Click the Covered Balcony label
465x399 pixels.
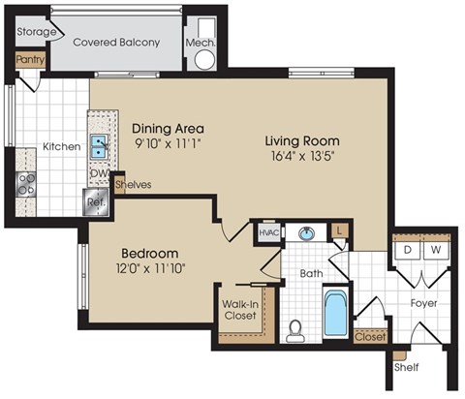(x=117, y=43)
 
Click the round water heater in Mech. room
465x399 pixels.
(x=205, y=59)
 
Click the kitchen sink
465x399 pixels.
(x=99, y=146)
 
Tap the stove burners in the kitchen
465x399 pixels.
(x=24, y=183)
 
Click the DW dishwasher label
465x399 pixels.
(x=98, y=174)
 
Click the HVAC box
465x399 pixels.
(x=268, y=232)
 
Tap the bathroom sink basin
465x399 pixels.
(x=307, y=233)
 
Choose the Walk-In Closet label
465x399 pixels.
(x=238, y=310)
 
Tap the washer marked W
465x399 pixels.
(x=435, y=249)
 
